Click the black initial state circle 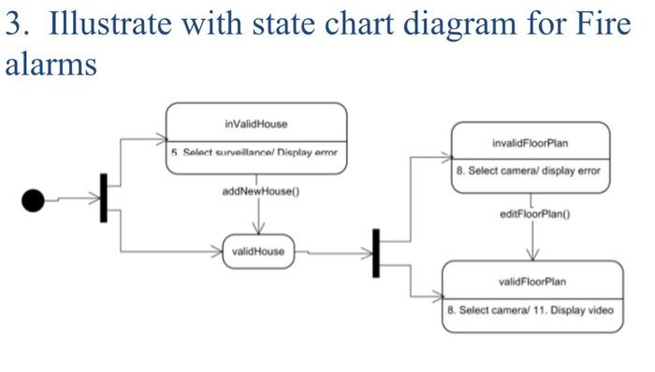[33, 199]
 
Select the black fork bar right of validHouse [376, 252]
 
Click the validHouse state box [258, 251]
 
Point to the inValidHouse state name [256, 123]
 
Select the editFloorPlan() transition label [535, 214]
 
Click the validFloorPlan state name [531, 281]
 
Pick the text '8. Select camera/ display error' [529, 172]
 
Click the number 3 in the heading [14, 25]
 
